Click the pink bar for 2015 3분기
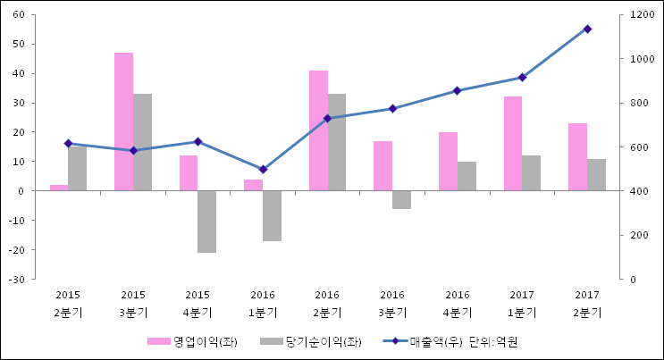coord(123,121)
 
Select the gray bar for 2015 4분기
coord(206,222)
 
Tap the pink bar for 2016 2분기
coord(318,130)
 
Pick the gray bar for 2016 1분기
coord(272,215)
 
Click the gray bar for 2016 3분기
coord(401,199)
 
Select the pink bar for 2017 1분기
coord(512,143)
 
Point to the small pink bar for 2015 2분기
coord(58,188)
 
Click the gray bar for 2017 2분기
coord(596,174)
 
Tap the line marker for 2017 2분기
coord(587,29)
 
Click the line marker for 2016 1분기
coord(263,169)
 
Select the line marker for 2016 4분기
coord(457,90)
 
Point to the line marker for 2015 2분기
coord(68,143)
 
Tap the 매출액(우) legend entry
coord(420,341)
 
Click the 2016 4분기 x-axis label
coord(457,303)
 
